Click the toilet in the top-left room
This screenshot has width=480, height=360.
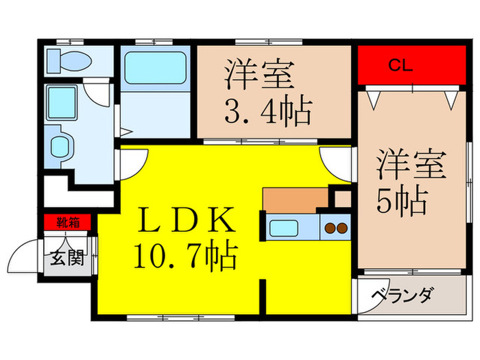click(69, 61)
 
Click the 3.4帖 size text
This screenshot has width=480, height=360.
click(267, 110)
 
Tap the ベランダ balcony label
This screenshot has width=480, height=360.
click(403, 296)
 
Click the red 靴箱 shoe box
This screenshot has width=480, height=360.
click(67, 221)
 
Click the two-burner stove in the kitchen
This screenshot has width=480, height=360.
click(336, 227)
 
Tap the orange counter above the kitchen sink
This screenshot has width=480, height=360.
click(295, 200)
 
